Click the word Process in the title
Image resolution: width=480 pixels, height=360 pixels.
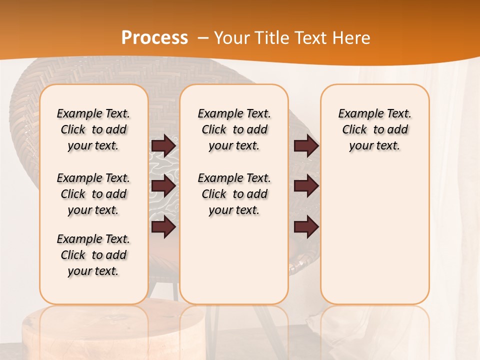coord(154,38)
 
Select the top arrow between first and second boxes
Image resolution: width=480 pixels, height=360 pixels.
coord(163,145)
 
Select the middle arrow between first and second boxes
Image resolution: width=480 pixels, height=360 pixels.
coord(163,186)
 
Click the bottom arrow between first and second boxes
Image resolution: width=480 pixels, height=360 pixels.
coord(163,227)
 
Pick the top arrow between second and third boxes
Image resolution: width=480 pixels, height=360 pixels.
coord(306,145)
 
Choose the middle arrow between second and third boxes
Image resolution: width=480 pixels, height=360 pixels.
coord(306,186)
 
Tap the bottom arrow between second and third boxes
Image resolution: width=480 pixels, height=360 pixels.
coord(306,227)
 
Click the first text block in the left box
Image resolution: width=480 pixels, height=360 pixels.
coord(93,129)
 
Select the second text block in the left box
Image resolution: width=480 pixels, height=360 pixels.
coord(93,194)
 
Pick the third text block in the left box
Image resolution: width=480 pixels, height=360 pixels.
coord(93,255)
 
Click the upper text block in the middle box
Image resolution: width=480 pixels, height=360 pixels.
coord(234,129)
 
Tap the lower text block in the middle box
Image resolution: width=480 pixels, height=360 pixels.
coord(234,194)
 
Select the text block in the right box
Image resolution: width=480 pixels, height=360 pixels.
coord(374,129)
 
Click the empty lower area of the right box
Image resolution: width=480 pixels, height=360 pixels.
coord(374,235)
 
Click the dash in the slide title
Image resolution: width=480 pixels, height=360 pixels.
coord(203,38)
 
